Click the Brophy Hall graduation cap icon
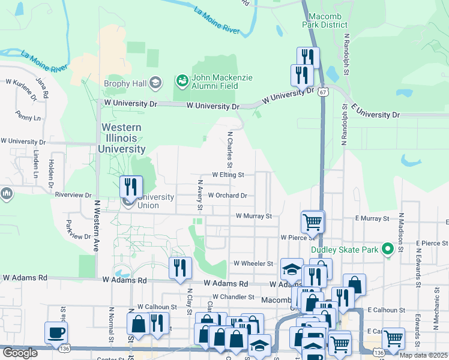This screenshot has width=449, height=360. [155, 83]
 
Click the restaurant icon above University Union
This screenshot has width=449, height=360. [130, 187]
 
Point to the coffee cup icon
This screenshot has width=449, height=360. [56, 333]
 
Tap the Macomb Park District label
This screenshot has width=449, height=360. [327, 20]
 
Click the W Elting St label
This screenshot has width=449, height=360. [228, 175]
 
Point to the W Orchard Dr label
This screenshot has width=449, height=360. [228, 196]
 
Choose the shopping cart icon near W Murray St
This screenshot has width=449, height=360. [313, 222]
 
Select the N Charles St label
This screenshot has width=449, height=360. [229, 149]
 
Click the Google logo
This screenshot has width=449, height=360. [20, 353]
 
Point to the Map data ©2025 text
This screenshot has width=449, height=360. [423, 355]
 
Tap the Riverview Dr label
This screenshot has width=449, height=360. [73, 195]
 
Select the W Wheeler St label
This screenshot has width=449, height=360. [253, 263]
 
